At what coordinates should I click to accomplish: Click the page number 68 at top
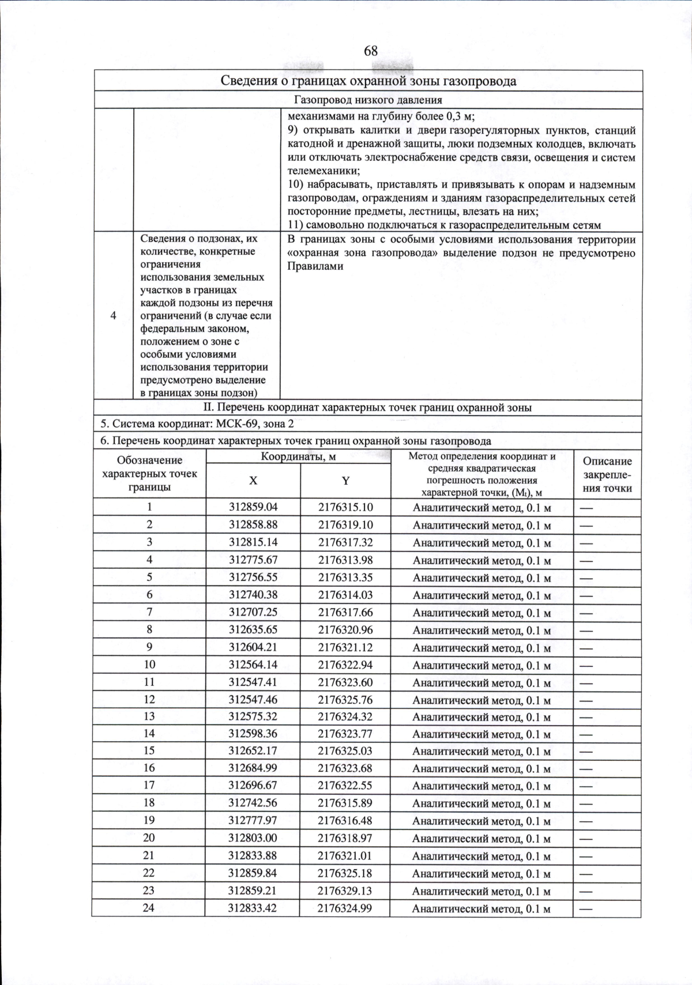370,51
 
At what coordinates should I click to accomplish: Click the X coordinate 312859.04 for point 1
253,507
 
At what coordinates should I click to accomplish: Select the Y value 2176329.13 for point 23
345,890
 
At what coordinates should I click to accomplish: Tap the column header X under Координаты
253,481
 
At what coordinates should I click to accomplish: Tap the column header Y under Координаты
345,481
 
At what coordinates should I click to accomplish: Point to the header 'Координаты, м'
298,456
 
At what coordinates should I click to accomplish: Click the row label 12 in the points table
149,699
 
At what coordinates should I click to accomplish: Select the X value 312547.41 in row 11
253,682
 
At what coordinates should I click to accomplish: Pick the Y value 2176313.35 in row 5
345,577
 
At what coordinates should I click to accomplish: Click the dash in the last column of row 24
586,908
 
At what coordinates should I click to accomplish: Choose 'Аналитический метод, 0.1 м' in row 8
482,631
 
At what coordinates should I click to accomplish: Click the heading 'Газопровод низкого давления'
368,100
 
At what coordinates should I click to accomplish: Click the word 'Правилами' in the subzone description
315,266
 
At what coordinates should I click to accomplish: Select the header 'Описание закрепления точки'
607,474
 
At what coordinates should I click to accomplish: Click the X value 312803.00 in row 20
253,837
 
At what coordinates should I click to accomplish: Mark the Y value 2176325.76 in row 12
345,699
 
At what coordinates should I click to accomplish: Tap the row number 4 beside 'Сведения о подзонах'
114,315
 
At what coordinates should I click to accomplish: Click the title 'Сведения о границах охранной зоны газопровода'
368,81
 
